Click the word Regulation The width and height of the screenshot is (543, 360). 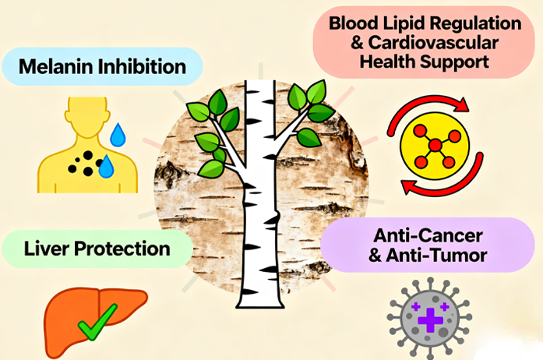click(x=478, y=19)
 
